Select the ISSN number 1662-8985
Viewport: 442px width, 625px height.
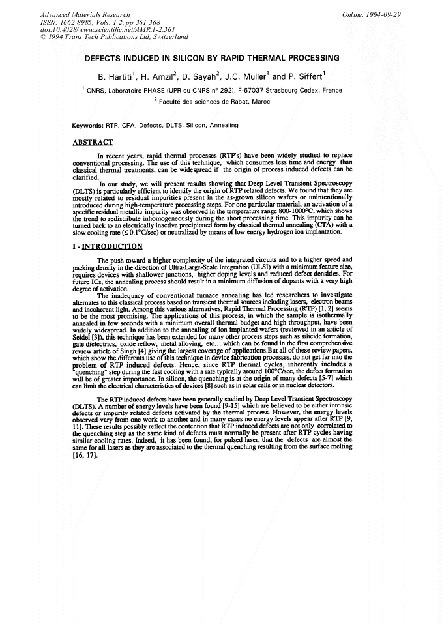(x=79, y=22)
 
